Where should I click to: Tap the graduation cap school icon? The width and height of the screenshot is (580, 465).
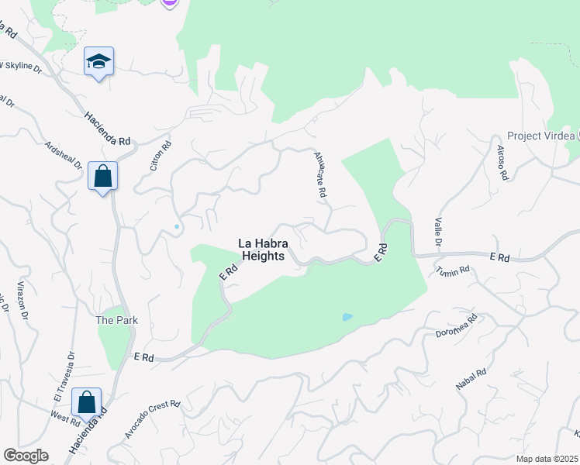pyautogui.click(x=99, y=62)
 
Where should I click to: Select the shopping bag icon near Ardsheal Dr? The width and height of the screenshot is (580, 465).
pyautogui.click(x=102, y=177)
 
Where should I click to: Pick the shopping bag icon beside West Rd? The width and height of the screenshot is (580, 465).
pyautogui.click(x=87, y=403)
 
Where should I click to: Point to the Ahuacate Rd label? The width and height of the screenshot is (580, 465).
pyautogui.click(x=320, y=175)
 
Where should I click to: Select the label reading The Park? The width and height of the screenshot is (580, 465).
pyautogui.click(x=110, y=320)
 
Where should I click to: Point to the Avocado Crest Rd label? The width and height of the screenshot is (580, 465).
pyautogui.click(x=153, y=419)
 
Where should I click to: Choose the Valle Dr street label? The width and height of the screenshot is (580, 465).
pyautogui.click(x=438, y=232)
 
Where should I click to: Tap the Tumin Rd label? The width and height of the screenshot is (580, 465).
pyautogui.click(x=453, y=270)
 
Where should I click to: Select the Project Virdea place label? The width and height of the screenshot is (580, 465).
pyautogui.click(x=535, y=136)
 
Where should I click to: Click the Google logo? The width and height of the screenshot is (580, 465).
pyautogui.click(x=26, y=456)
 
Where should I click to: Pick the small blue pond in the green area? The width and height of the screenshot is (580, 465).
pyautogui.click(x=347, y=317)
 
